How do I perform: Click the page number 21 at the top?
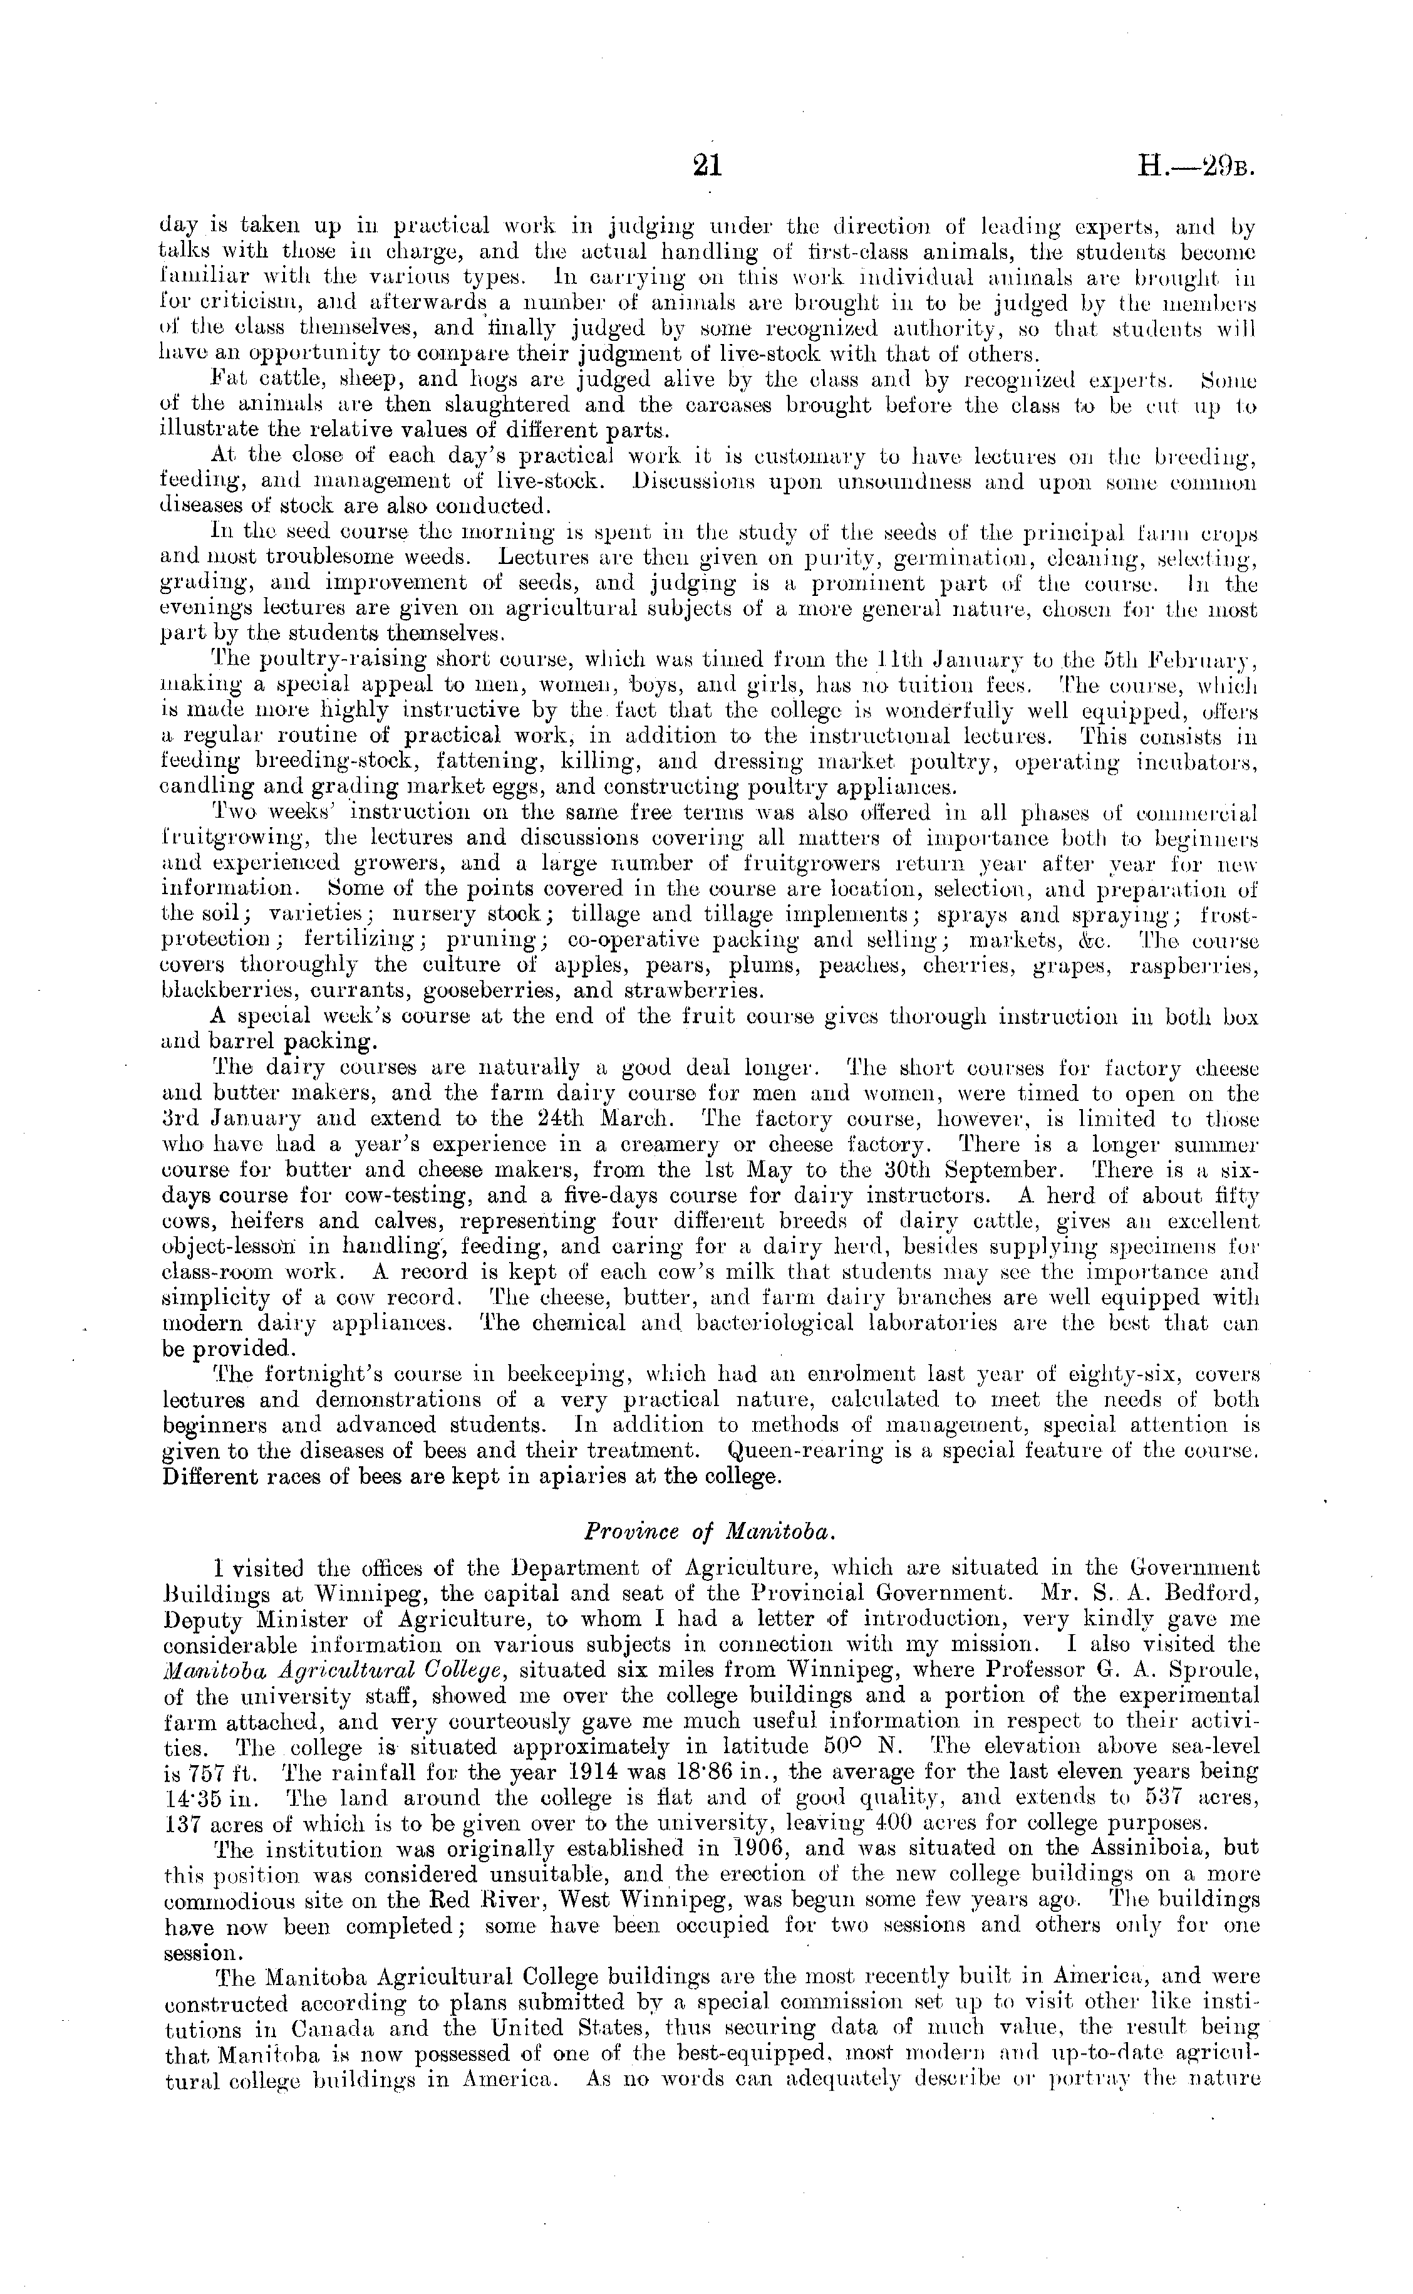pyautogui.click(x=706, y=167)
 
